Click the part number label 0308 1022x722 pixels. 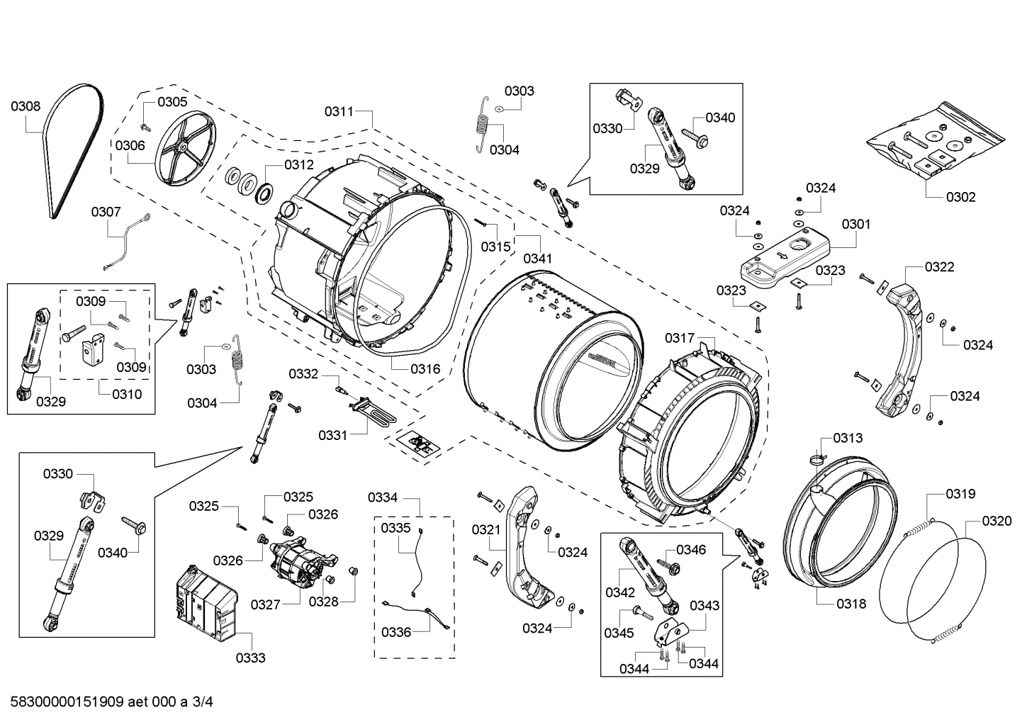click(x=25, y=106)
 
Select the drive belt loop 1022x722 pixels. click(x=71, y=152)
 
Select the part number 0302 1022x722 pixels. click(x=960, y=196)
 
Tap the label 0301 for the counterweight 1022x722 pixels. click(x=856, y=224)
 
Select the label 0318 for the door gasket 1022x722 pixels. click(x=850, y=604)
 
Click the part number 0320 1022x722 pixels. click(x=996, y=521)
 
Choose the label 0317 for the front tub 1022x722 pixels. click(x=679, y=338)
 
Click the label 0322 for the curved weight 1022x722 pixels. click(x=939, y=266)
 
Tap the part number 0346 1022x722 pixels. click(x=690, y=549)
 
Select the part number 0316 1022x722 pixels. click(x=425, y=368)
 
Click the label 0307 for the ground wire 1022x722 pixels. click(x=106, y=211)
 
